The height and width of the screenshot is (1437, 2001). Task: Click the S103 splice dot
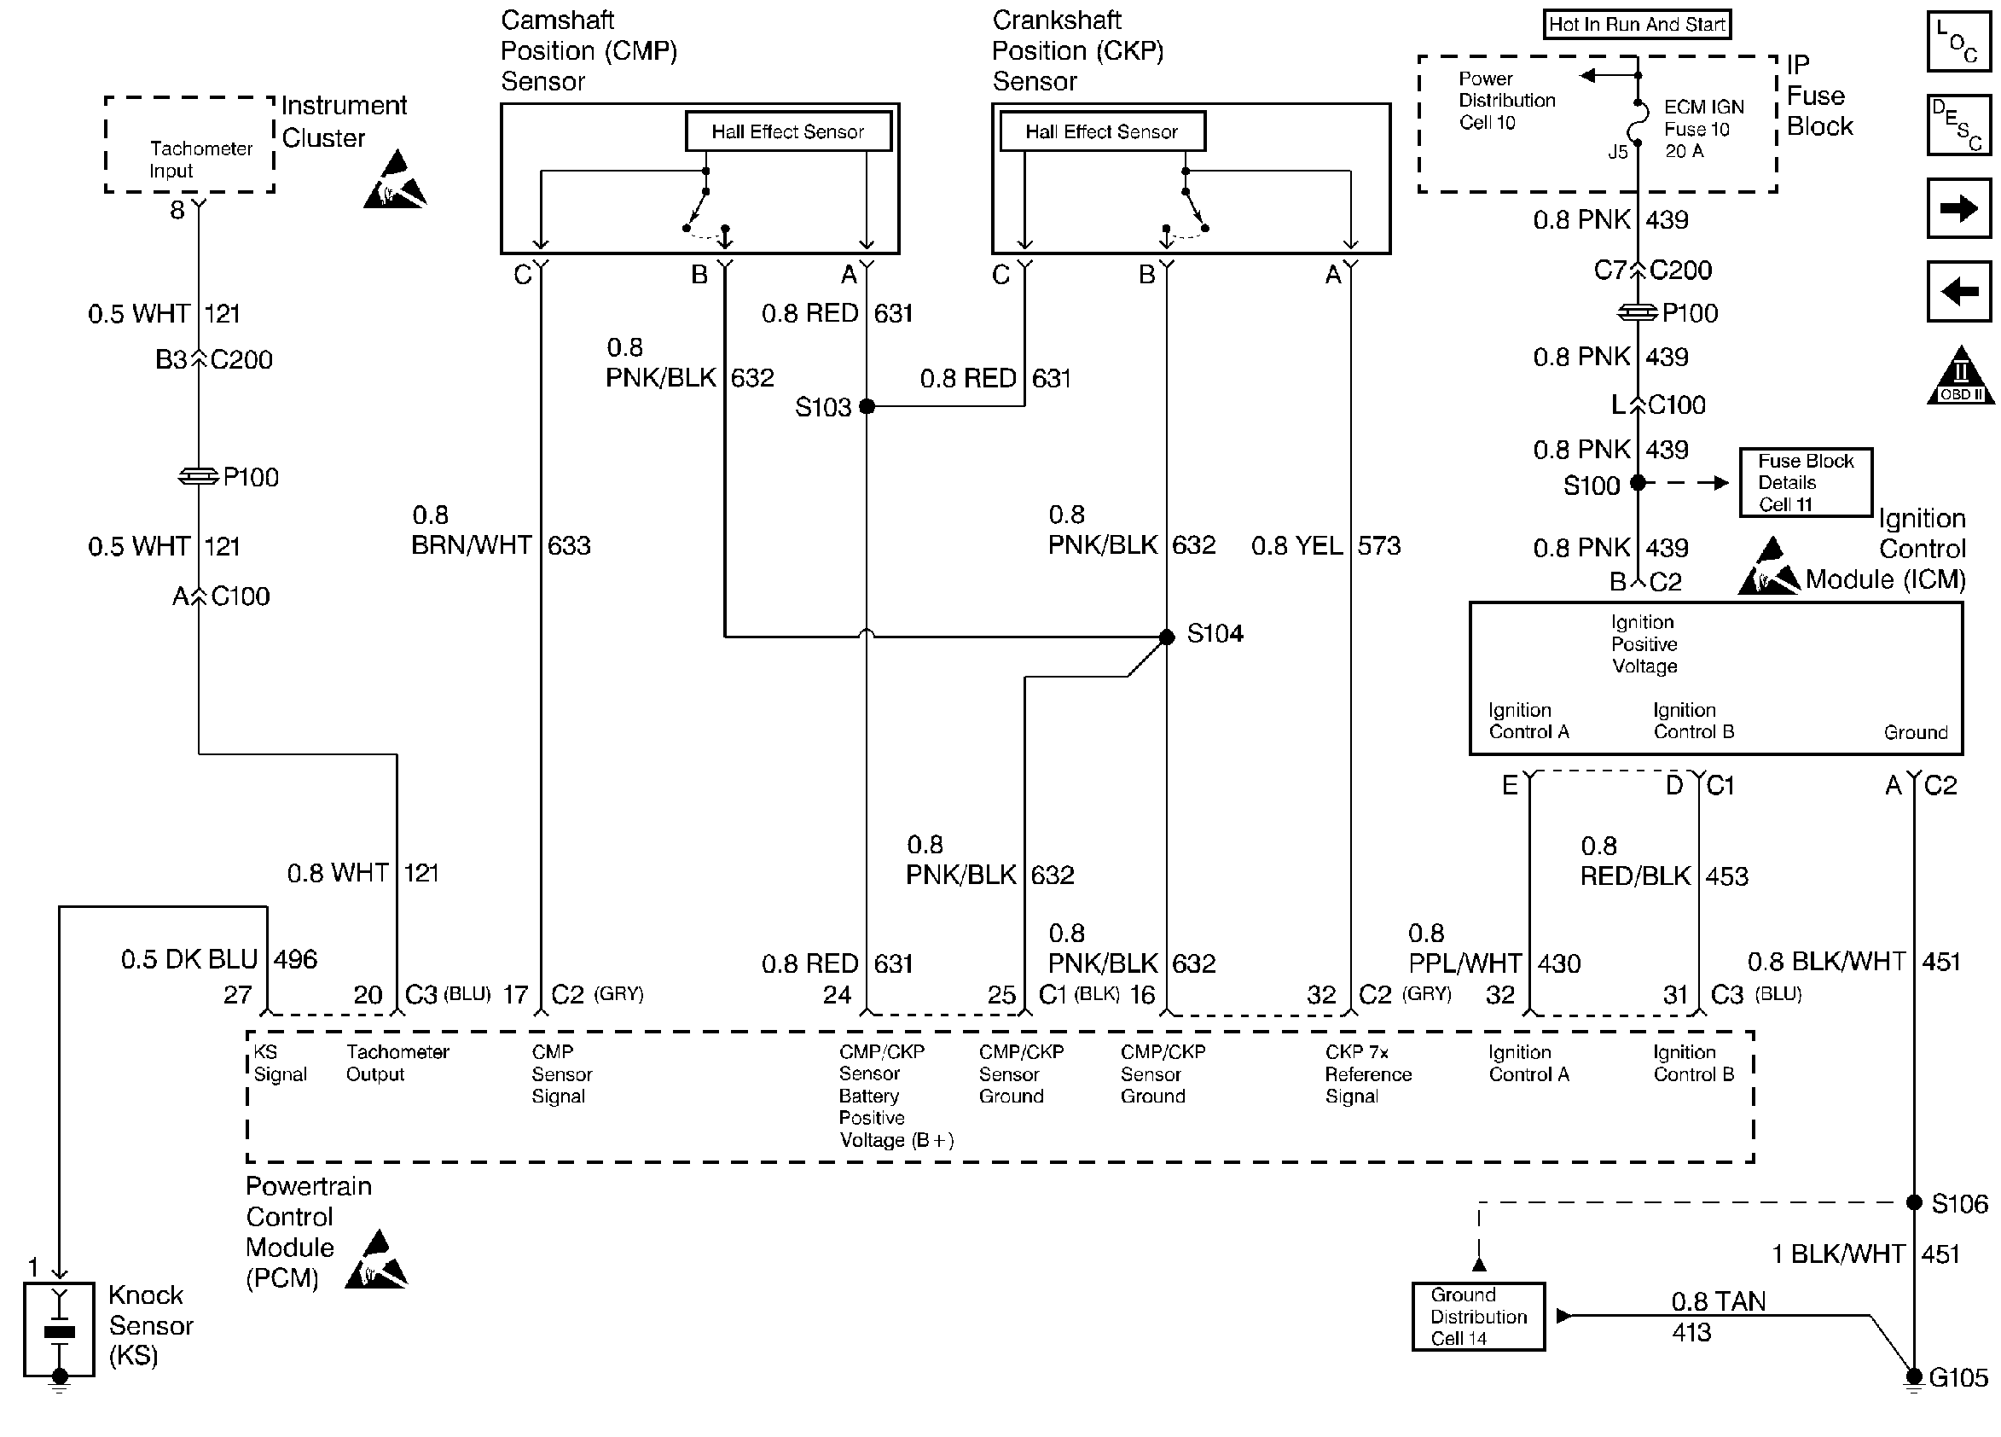tap(867, 406)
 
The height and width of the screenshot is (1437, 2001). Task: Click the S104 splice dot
tap(1166, 637)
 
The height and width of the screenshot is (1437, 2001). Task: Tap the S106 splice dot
tap(1914, 1202)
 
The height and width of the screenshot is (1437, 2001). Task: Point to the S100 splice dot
tap(1638, 483)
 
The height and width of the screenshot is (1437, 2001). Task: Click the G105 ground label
tap(1958, 1377)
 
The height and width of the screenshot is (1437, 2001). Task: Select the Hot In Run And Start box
tap(1637, 24)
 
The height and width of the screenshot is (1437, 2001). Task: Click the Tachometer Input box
tap(189, 145)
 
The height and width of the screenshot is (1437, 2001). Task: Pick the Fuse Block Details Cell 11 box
tap(1805, 482)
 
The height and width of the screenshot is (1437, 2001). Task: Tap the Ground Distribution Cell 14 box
tap(1478, 1316)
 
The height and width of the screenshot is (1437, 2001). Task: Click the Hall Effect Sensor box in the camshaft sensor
tap(788, 131)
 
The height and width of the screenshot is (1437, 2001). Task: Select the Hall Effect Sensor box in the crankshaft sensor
tap(1102, 131)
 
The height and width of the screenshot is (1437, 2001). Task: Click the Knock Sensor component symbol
tap(59, 1329)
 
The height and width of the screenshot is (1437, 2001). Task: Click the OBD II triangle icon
tap(1959, 375)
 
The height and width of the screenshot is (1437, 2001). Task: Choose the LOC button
tap(1958, 41)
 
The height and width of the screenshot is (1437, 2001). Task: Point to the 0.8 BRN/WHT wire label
tap(471, 530)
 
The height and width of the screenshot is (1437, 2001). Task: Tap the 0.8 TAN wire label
tap(1718, 1301)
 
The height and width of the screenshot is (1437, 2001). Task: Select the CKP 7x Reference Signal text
tap(1368, 1073)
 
